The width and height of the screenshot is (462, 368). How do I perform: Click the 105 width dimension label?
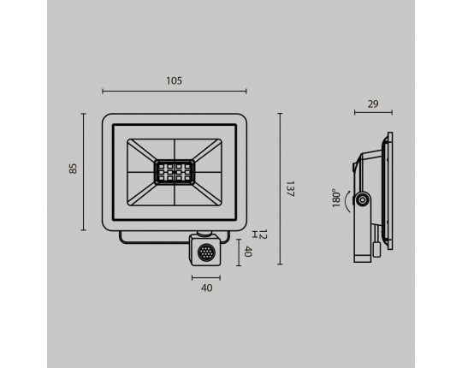click(x=175, y=80)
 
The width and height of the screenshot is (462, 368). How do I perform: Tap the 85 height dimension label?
click(x=73, y=169)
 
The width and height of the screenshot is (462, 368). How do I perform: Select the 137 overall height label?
click(x=290, y=189)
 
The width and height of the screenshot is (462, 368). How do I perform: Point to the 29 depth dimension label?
click(x=373, y=104)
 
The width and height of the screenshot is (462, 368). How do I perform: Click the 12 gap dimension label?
click(x=264, y=234)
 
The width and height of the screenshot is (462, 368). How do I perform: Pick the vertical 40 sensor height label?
click(x=248, y=252)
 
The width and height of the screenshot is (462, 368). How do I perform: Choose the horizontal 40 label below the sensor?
click(x=206, y=288)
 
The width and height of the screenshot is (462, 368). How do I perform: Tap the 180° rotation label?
click(x=336, y=198)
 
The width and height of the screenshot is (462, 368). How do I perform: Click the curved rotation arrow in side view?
click(x=347, y=201)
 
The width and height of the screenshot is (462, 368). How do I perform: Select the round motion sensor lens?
click(x=205, y=253)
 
